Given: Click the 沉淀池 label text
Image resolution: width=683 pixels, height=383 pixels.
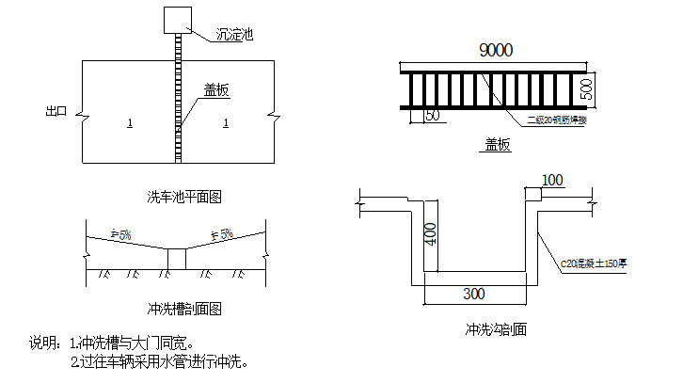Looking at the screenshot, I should coord(234,35).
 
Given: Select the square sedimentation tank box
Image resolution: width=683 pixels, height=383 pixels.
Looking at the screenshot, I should coord(175,20).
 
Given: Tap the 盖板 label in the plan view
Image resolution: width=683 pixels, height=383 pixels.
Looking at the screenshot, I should coord(217,90).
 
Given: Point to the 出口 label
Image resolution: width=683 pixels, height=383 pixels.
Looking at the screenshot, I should coord(57,111).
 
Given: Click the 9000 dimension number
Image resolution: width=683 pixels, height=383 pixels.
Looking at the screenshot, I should coord(496,51).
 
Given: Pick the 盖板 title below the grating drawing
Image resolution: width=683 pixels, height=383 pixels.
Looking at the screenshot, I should coord(498,145).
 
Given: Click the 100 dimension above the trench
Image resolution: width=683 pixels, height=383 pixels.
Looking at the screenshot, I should coord(553,179).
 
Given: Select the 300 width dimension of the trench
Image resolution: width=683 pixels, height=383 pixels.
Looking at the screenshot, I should coord(474,295).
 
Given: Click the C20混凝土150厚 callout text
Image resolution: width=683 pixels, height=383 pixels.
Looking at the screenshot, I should coord(594,264).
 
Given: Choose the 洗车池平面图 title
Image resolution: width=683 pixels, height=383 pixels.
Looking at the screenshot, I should coord(184,197).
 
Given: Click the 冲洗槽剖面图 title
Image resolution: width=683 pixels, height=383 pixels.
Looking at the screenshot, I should coord(184,308).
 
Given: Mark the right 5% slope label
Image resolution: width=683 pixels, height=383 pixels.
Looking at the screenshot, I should coord(222,233).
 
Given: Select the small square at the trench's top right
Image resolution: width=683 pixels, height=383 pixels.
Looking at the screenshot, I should coord(533,194).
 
